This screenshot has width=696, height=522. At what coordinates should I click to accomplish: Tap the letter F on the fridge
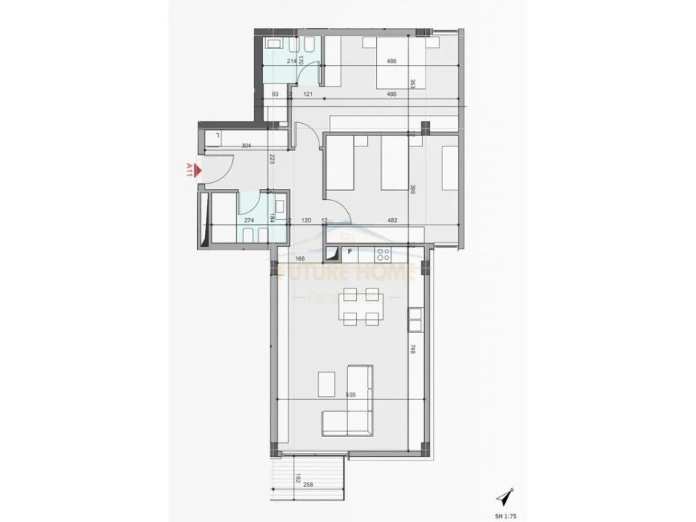(350, 252)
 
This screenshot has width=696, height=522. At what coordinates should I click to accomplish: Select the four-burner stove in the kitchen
(382, 254)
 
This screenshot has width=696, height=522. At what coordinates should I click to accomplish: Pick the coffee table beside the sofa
(327, 383)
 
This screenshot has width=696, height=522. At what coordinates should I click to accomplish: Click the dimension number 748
(414, 349)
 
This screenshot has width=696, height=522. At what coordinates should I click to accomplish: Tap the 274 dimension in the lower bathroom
(249, 220)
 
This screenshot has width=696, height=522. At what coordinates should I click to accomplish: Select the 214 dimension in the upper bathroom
(292, 61)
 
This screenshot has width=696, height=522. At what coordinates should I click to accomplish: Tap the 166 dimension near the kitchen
(299, 258)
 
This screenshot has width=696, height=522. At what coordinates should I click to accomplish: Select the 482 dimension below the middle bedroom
(391, 220)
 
